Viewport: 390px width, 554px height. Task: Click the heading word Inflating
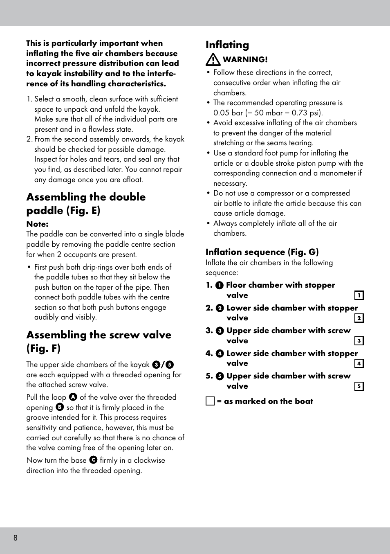click(x=227, y=45)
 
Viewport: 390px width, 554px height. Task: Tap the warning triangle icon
click(x=213, y=60)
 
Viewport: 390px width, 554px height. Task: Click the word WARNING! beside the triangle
click(x=245, y=60)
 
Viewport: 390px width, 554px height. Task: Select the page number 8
click(x=16, y=538)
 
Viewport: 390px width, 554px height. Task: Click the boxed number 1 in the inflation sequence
click(x=359, y=295)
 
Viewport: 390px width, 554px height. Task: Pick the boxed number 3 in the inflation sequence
click(x=359, y=341)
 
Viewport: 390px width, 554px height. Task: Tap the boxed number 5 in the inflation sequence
click(x=359, y=386)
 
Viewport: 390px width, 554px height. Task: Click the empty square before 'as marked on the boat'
click(x=210, y=401)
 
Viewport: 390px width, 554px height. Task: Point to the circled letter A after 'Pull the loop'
click(x=73, y=397)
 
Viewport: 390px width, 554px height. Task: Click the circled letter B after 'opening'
click(x=60, y=407)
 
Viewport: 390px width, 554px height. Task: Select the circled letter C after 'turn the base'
click(x=93, y=460)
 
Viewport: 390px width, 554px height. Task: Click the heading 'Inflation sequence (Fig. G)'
click(x=262, y=252)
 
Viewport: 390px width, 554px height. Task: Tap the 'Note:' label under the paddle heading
click(x=37, y=224)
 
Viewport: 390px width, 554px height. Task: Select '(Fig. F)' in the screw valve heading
click(x=43, y=349)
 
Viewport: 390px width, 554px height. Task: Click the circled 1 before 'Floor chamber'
click(x=220, y=286)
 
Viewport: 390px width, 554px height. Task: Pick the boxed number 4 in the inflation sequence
click(x=359, y=363)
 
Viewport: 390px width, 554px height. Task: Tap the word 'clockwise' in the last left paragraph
click(x=150, y=460)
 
